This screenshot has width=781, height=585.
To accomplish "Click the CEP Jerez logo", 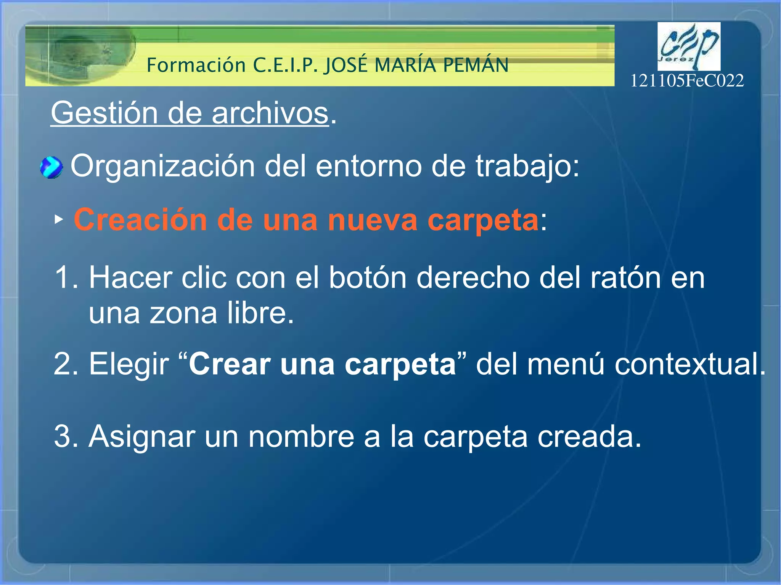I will (689, 46).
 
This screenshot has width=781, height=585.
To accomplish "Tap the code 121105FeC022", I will (687, 81).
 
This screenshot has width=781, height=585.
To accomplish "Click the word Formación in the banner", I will (196, 65).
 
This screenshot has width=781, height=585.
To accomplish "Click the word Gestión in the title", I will (104, 113).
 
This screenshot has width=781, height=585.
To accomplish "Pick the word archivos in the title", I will (270, 113).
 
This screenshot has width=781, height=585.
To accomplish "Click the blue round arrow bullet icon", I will (51, 168).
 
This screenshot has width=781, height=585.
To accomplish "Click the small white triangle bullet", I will (58, 219).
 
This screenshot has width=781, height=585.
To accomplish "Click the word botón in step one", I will (368, 278).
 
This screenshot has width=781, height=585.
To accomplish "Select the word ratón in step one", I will (625, 278).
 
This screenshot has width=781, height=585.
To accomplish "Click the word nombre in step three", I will (301, 436).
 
